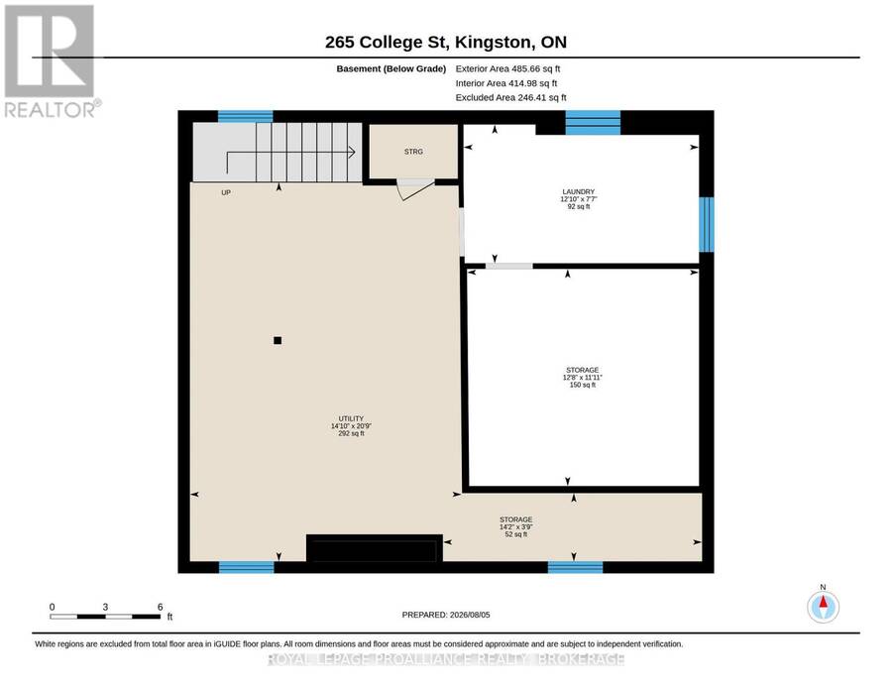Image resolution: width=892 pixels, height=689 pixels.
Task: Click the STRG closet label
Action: click(x=413, y=152)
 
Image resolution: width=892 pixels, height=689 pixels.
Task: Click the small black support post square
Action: click(x=278, y=340)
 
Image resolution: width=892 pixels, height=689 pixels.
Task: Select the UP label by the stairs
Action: click(x=226, y=193)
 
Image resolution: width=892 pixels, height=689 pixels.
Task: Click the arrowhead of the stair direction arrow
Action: click(x=353, y=153)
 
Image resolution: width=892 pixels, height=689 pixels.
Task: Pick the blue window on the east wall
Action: click(x=706, y=224)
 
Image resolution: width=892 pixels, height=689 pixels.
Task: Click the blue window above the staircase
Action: click(x=245, y=117)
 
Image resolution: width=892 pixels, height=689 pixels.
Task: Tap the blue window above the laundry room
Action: click(x=593, y=122)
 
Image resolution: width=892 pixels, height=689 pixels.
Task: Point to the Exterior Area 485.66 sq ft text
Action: click(x=507, y=68)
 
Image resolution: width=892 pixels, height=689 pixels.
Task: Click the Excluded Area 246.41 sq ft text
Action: click(x=510, y=97)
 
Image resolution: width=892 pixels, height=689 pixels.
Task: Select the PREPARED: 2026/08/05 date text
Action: click(x=446, y=615)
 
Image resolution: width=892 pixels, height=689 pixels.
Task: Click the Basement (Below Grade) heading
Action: click(x=390, y=68)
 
